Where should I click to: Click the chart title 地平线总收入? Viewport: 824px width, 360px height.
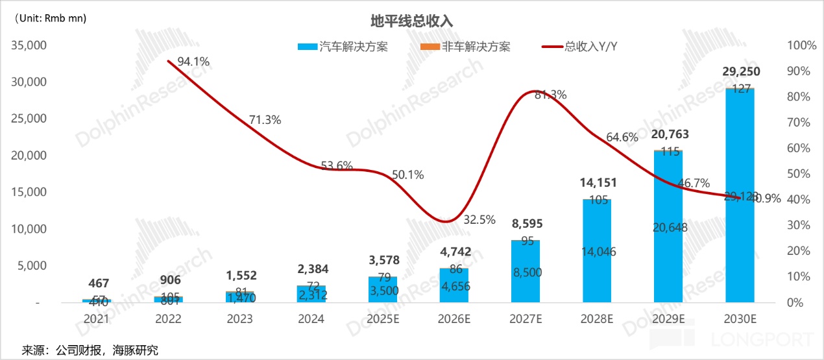411,21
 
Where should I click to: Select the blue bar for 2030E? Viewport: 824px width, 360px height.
740,195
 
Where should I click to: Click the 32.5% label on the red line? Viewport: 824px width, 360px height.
479,220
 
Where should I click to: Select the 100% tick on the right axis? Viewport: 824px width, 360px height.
801,45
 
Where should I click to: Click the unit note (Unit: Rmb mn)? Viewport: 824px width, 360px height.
49,18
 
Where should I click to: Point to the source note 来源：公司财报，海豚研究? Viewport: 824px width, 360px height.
90,350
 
